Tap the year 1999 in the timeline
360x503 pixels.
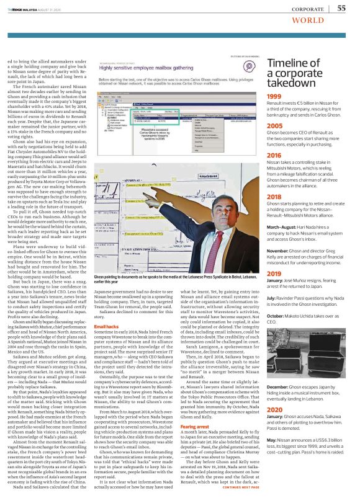point(274,96)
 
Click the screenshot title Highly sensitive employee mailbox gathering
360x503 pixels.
point(144,70)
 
